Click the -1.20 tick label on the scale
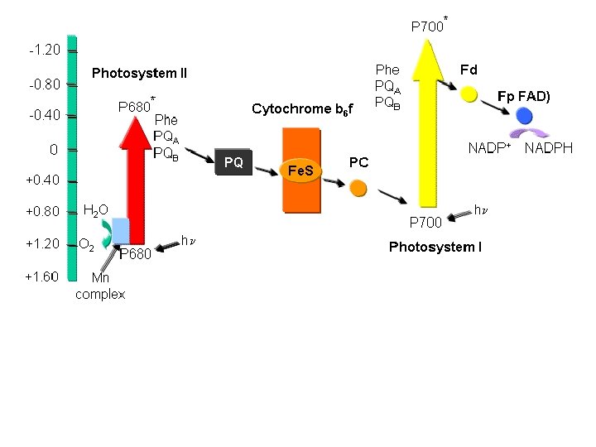tap(44, 50)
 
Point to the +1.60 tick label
tap(41, 276)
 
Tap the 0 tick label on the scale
tap(53, 150)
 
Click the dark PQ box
tap(234, 163)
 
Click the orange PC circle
tap(358, 189)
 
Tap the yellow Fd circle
tap(469, 94)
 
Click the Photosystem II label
tap(139, 74)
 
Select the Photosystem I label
tap(435, 247)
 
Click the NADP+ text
tap(489, 148)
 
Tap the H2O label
tap(96, 211)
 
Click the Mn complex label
tap(100, 286)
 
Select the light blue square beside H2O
tap(121, 229)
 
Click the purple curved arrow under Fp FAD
tap(529, 132)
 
